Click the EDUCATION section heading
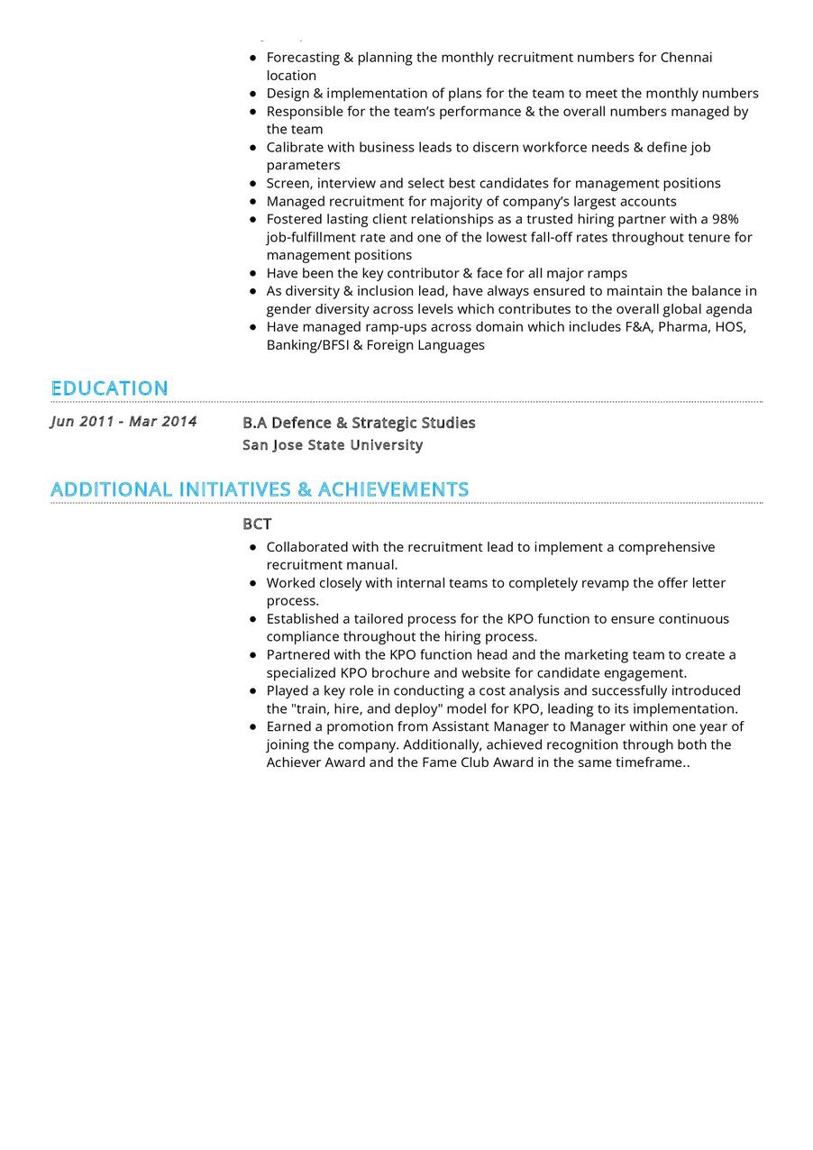pyautogui.click(x=109, y=388)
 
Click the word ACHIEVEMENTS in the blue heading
pyautogui.click(x=394, y=489)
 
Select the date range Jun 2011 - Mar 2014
pyautogui.click(x=123, y=422)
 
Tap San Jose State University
pyautogui.click(x=333, y=445)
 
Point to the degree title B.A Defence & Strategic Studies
pyautogui.click(x=359, y=423)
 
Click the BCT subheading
pyautogui.click(x=257, y=525)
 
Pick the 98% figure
pyautogui.click(x=725, y=219)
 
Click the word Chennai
pyautogui.click(x=686, y=58)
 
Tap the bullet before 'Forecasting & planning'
pyautogui.click(x=253, y=58)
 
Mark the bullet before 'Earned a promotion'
pyautogui.click(x=253, y=727)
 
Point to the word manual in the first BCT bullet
pyautogui.click(x=374, y=565)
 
